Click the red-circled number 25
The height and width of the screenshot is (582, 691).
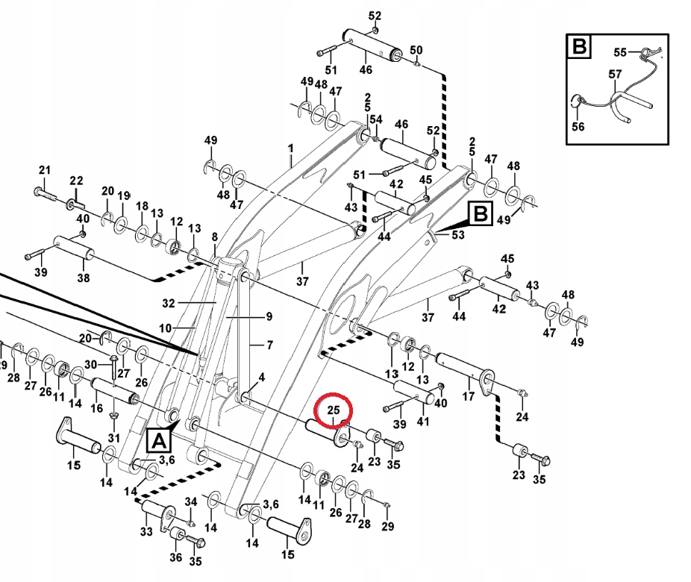pos(334,410)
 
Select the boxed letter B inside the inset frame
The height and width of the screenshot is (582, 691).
pos(578,47)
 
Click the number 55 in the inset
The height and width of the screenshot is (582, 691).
pos(621,52)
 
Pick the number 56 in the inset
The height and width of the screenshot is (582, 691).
pos(578,127)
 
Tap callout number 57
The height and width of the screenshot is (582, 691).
pos(615,75)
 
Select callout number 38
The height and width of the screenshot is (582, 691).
pos(84,278)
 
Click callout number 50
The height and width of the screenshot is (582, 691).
pos(416,51)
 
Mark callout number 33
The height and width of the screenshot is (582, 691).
pos(146,531)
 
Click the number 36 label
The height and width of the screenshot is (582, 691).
pos(176,557)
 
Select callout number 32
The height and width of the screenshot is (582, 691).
pos(168,304)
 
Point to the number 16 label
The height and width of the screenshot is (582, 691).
pos(96,409)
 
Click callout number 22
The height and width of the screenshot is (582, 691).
pos(76,181)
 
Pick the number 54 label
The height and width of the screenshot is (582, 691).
pos(375,119)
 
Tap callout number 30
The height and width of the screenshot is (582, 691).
pos(91,364)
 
